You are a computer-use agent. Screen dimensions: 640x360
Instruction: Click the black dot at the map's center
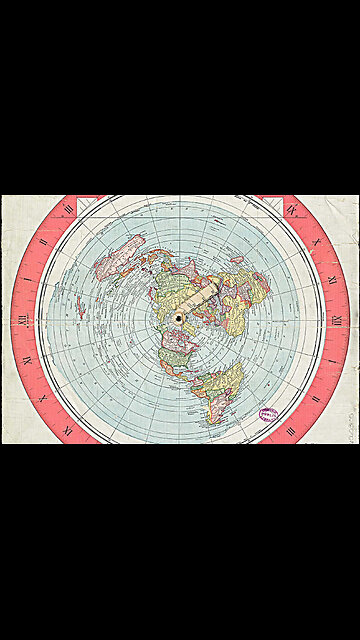click(179, 318)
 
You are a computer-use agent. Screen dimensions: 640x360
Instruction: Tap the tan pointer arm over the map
click(200, 299)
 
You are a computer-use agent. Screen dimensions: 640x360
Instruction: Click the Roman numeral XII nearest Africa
click(337, 319)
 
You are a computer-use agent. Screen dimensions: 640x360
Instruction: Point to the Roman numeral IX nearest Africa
click(290, 210)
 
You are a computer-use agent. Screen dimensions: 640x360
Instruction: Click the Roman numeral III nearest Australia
click(68, 210)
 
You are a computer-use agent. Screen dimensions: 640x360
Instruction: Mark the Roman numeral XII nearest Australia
click(21, 319)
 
